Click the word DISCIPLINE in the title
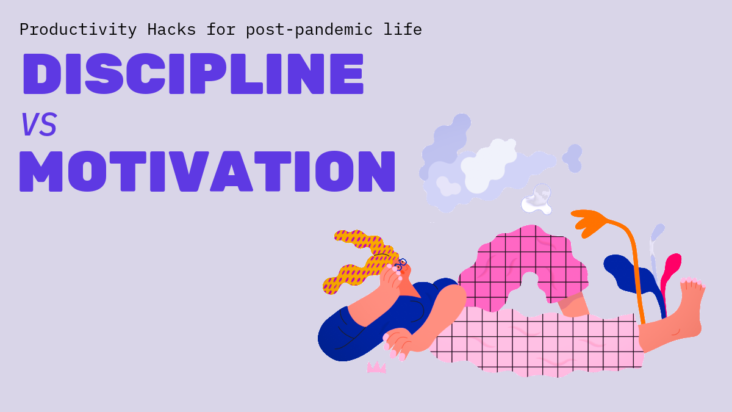(193, 74)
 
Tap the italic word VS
(39, 125)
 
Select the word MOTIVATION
(207, 171)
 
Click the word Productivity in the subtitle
(78, 30)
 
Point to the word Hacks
(171, 29)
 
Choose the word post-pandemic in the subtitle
(309, 30)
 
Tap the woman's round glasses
(401, 264)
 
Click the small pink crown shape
(376, 367)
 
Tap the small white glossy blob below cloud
(537, 200)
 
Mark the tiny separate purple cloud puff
(573, 158)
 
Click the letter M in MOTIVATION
(41, 172)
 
